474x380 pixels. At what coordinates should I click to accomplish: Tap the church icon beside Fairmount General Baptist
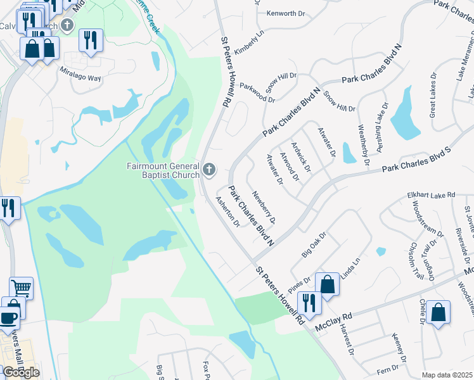[x=209, y=170]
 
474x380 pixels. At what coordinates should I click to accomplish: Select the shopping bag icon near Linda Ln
[x=328, y=285]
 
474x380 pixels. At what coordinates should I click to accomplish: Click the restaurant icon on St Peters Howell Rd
[x=309, y=303]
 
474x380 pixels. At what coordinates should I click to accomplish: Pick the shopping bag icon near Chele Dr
[x=438, y=312]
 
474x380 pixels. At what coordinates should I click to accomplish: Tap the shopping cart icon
[x=22, y=289]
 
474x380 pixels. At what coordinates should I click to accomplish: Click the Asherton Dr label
[x=227, y=212]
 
